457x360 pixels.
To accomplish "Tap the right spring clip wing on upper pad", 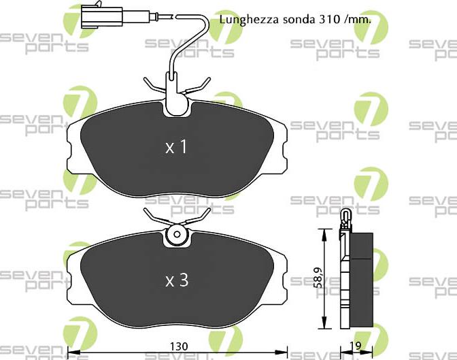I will [x=199, y=85].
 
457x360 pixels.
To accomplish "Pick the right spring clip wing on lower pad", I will [x=199, y=216].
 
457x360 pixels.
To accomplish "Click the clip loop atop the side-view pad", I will [x=345, y=218].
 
